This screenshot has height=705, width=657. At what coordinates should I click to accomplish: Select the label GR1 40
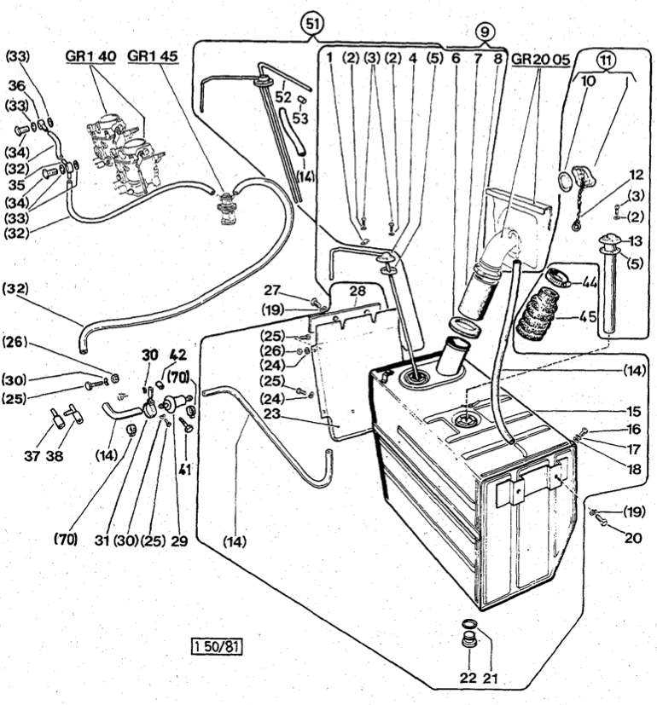click(x=90, y=57)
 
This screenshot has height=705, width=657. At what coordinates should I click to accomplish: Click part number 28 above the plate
click(x=358, y=292)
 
